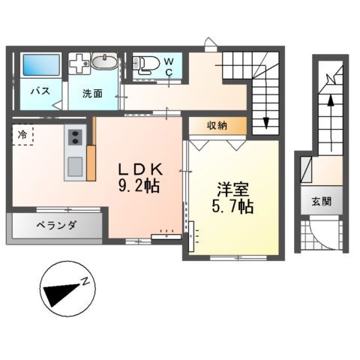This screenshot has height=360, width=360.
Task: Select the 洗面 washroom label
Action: coord(93,94)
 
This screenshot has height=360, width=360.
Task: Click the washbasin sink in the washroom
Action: coord(104,62)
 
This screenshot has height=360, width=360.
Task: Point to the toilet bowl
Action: coord(147,64)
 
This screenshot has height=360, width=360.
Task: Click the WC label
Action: coord(169,64)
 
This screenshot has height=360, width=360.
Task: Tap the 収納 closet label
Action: coord(217,124)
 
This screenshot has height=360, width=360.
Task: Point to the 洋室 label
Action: coord(232,188)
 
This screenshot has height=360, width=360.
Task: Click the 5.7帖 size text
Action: coord(232,206)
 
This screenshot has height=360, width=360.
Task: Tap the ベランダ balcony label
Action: coord(54,226)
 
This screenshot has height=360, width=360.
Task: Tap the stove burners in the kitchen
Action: coord(75,137)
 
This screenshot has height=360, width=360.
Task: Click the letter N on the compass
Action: coord(88,280)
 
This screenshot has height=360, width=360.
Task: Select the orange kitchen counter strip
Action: coord(91,161)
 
